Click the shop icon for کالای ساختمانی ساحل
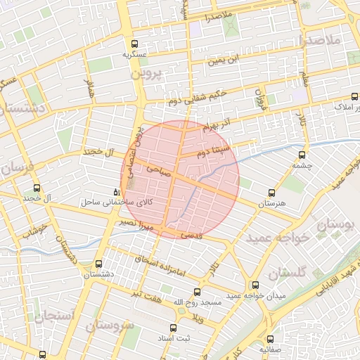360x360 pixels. [116, 192]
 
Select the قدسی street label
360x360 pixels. [191, 237]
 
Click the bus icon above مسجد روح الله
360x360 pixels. [197, 291]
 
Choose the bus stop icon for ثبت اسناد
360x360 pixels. [174, 328]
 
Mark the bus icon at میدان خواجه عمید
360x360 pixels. [255, 285]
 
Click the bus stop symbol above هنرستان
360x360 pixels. [272, 193]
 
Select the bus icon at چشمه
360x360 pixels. [303, 155]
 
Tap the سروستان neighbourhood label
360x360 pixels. [109, 326]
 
